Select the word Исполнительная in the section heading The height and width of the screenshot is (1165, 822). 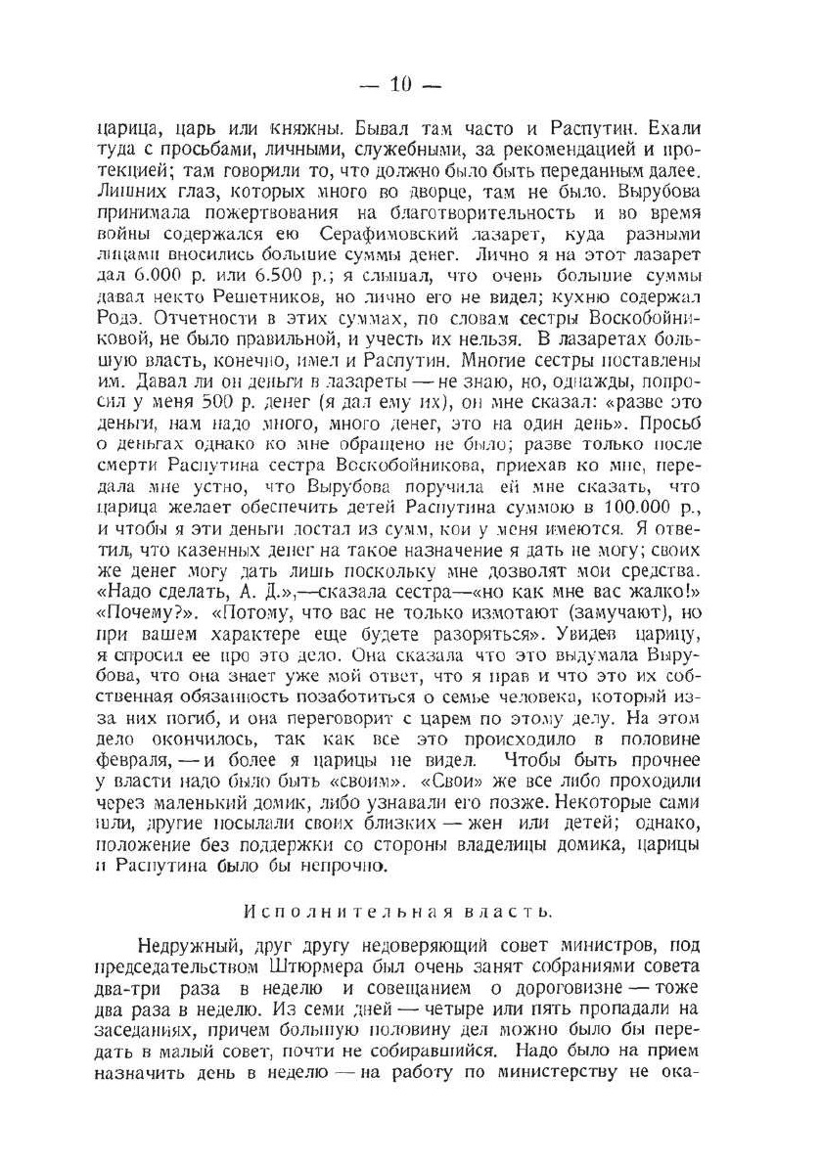[334, 911]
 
